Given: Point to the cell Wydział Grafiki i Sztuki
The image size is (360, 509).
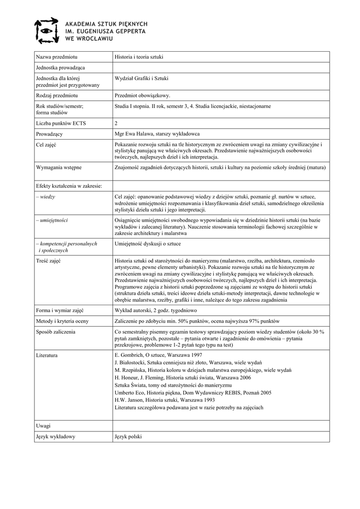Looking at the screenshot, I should (142, 78).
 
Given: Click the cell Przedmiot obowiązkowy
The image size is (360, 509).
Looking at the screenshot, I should (143, 95).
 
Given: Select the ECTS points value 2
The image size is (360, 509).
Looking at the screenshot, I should (116, 123).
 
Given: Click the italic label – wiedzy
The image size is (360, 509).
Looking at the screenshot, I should (45, 197).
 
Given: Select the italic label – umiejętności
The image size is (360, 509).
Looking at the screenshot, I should (52, 220).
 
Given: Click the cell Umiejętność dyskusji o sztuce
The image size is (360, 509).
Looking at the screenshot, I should (148, 244).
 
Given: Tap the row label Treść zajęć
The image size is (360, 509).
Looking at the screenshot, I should (48, 261).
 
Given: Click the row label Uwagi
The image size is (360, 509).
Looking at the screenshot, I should (43, 426).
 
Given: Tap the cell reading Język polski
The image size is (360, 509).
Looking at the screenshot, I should (128, 436).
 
